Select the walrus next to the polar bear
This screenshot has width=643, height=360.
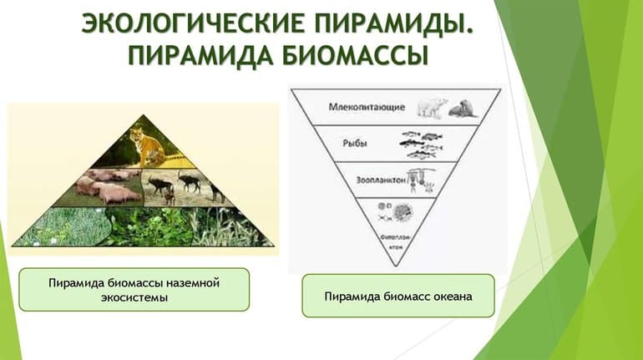coord(460,109)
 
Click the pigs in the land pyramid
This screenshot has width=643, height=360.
coord(109,185)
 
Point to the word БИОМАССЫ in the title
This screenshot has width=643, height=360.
coord(355,56)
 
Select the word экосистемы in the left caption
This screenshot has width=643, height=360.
coord(134,297)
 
